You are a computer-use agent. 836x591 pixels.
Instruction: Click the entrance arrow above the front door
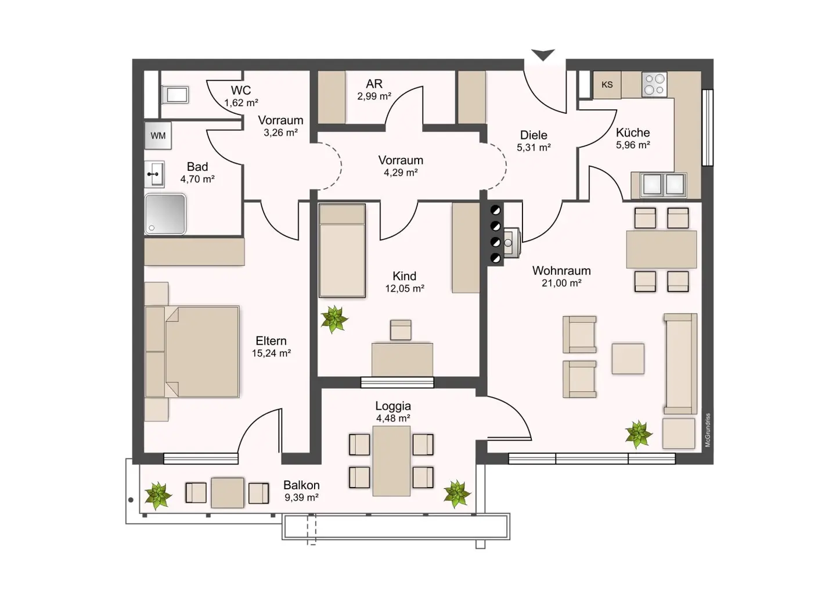coord(543,54)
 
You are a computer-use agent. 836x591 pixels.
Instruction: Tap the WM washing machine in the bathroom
coord(158,135)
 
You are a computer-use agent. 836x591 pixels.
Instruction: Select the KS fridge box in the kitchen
coord(607,85)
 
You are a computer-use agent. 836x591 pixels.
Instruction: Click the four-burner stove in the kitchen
coord(654,84)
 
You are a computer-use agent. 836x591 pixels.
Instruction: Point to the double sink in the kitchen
coord(664,185)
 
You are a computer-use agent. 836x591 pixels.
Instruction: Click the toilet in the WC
coord(175,95)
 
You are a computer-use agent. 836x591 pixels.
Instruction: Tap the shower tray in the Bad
coord(165,214)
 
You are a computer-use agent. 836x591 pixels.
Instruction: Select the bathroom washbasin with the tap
coord(154,174)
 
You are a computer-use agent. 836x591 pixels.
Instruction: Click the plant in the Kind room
coord(334,320)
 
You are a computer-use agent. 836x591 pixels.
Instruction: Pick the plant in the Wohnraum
coord(639,435)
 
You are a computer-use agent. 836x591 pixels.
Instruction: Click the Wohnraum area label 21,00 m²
coord(561,283)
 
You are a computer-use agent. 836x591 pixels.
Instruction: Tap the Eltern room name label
coord(271,341)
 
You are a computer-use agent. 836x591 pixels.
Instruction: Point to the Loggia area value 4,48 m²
coord(393,418)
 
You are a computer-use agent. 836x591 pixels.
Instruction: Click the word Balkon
coord(301,485)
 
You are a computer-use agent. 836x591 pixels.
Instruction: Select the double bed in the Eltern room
coord(192,352)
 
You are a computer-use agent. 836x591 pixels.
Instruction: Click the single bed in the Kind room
coord(343,250)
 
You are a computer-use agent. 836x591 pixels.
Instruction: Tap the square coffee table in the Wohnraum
coord(628,359)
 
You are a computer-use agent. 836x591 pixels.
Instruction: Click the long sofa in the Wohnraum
coord(680,364)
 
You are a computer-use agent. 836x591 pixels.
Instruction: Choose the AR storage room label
coord(374,84)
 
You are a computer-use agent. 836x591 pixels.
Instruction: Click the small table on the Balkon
coord(228,493)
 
